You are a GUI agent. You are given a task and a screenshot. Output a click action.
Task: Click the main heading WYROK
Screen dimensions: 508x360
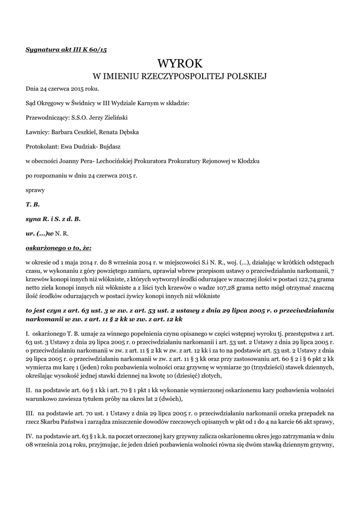pos(180,63)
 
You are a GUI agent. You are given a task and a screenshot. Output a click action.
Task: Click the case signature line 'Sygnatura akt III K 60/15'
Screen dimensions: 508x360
pos(67,50)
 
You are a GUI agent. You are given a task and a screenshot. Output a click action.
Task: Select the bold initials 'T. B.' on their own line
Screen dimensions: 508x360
pos(32,204)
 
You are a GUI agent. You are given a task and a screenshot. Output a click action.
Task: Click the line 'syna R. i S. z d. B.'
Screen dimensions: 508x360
pos(53,218)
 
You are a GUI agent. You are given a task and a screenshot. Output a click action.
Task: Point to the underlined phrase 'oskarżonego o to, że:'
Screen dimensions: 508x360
pos(58,247)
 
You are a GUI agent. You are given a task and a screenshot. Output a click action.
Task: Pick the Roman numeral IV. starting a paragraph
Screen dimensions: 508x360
pos(30,435)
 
